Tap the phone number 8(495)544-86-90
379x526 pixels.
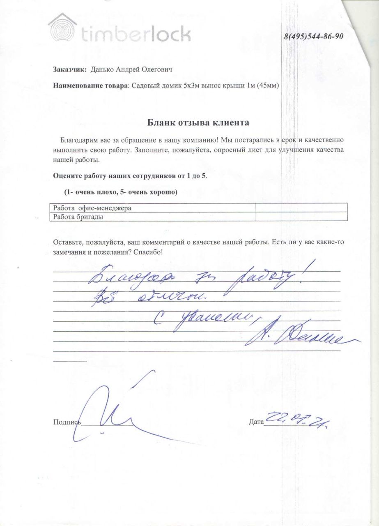(x=314, y=36)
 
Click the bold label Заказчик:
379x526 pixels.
(x=70, y=69)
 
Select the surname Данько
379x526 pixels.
(x=101, y=69)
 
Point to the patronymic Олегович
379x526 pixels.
(x=156, y=69)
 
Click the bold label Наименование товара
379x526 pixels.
(x=91, y=85)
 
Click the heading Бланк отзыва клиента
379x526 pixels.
(x=198, y=122)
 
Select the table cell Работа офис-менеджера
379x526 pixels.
(x=92, y=208)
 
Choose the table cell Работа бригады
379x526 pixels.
(x=78, y=217)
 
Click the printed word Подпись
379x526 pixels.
(x=67, y=422)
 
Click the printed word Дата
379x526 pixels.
(x=256, y=422)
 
